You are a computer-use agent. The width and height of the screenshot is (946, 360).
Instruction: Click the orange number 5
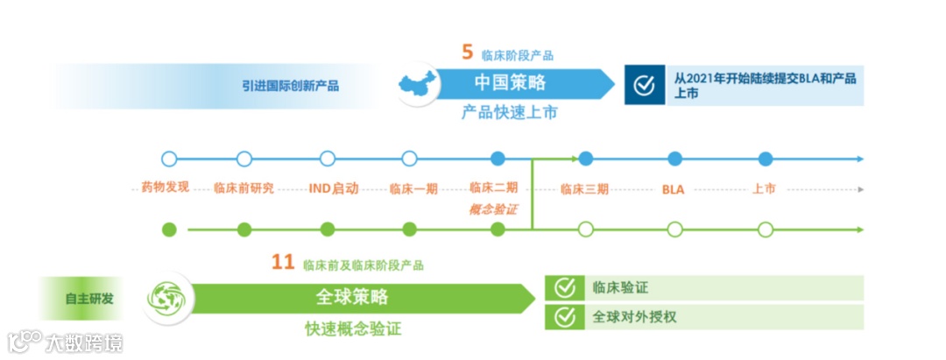[468, 52]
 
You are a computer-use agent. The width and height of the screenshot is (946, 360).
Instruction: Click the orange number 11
[282, 262]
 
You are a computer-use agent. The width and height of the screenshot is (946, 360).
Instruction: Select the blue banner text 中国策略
[510, 83]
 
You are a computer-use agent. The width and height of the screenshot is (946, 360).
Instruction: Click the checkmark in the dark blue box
[644, 85]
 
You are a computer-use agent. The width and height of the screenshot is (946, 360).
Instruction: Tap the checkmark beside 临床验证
[565, 287]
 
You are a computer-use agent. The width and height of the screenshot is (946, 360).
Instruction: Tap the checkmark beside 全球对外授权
[565, 316]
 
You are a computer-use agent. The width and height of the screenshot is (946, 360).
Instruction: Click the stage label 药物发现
[165, 187]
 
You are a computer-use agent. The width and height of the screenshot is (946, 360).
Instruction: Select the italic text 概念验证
[493, 208]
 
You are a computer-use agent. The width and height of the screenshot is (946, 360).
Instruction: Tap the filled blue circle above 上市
[766, 159]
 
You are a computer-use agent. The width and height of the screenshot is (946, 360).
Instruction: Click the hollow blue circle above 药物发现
[169, 159]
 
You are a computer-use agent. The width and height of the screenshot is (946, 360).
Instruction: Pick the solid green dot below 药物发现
[170, 229]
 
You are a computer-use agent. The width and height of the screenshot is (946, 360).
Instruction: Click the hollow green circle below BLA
[674, 229]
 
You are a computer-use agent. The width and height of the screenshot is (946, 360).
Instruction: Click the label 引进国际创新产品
[291, 86]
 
